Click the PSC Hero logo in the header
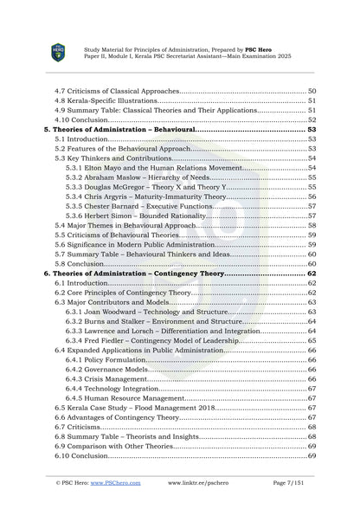point(57,52)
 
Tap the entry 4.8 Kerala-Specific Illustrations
point(105,100)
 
